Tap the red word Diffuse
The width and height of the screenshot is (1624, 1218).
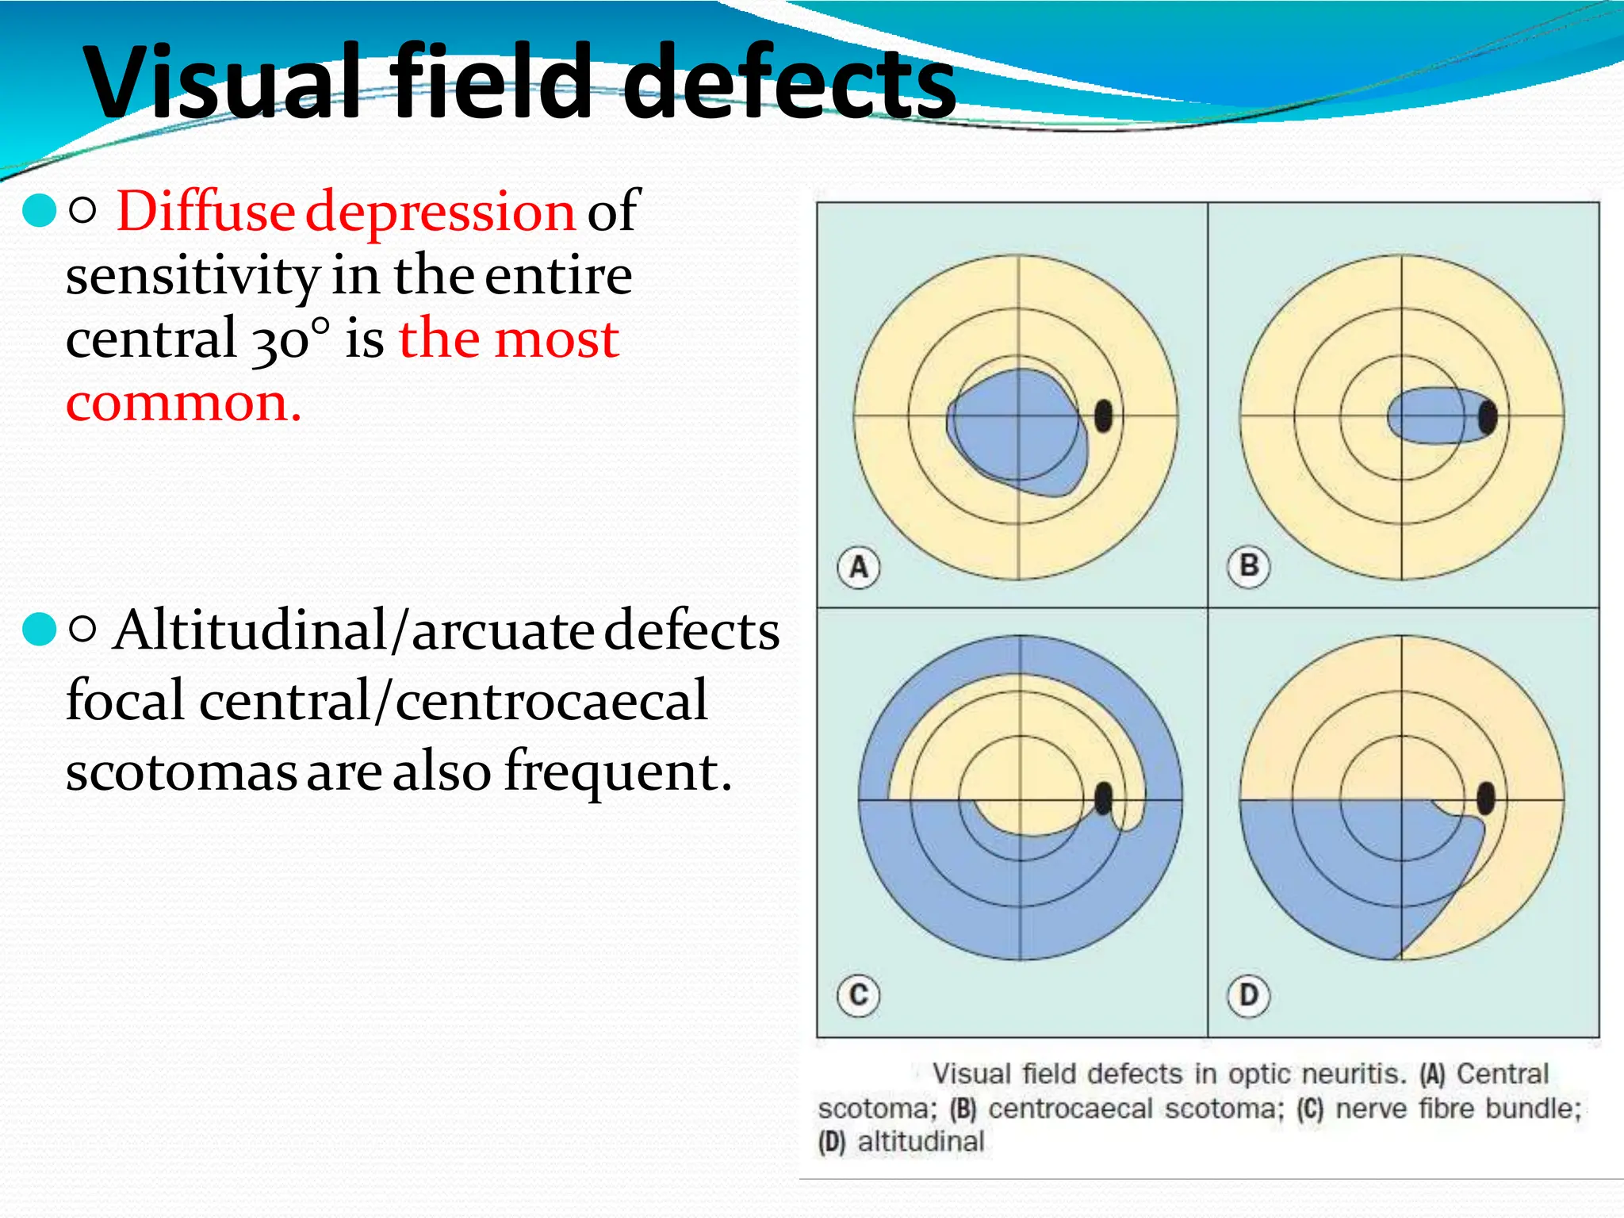pos(205,212)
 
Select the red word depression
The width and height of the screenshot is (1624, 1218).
pos(440,212)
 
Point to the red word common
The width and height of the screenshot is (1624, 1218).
pos(183,403)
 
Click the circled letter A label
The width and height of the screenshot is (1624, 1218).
pos(859,567)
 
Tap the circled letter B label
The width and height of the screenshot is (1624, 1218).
pos(1249,566)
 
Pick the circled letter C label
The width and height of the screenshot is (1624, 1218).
pos(859,994)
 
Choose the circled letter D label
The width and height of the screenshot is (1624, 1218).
pos(1249,994)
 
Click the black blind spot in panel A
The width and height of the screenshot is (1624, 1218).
pos(1103,416)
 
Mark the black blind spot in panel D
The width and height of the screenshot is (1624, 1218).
pos(1486,798)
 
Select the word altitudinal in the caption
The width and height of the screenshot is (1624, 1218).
pos(921,1142)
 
